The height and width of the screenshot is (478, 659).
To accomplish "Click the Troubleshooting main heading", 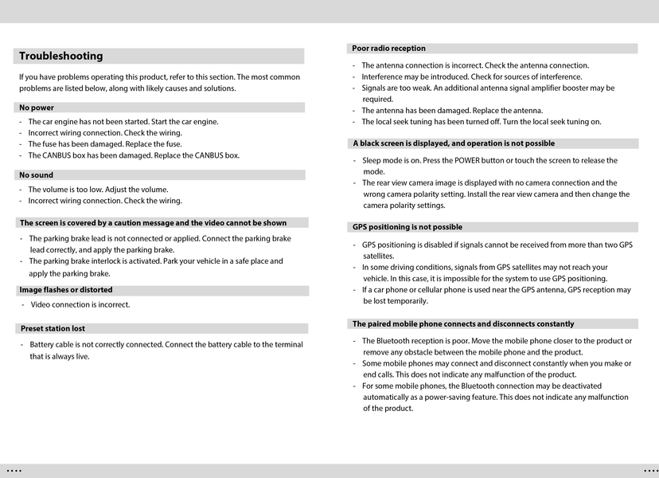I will click(61, 56).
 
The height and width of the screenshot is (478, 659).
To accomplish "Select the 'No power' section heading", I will click(37, 108).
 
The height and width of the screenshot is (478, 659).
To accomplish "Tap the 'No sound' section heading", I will click(37, 175).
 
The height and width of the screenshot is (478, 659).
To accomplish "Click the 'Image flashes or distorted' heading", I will click(66, 290).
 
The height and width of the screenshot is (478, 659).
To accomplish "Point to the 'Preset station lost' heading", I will click(53, 328).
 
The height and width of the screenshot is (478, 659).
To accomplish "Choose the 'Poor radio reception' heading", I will click(388, 49).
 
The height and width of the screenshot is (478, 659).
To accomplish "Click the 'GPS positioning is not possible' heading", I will click(407, 227).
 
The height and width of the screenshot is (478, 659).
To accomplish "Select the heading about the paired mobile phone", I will click(463, 324).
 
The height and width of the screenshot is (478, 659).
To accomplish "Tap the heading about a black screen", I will click(454, 143).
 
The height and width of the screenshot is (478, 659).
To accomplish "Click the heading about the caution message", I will click(153, 223).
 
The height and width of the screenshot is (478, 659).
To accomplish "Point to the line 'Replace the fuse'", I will click(105, 144).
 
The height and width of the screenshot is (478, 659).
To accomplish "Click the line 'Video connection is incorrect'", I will click(80, 304).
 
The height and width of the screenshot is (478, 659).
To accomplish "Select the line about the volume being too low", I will click(98, 190).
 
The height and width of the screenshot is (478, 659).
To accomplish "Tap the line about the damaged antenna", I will click(452, 111).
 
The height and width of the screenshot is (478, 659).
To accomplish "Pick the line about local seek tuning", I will click(481, 122).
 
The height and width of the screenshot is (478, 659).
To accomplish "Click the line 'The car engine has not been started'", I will click(123, 122).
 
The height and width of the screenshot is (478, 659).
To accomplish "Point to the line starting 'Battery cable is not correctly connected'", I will click(166, 345).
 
